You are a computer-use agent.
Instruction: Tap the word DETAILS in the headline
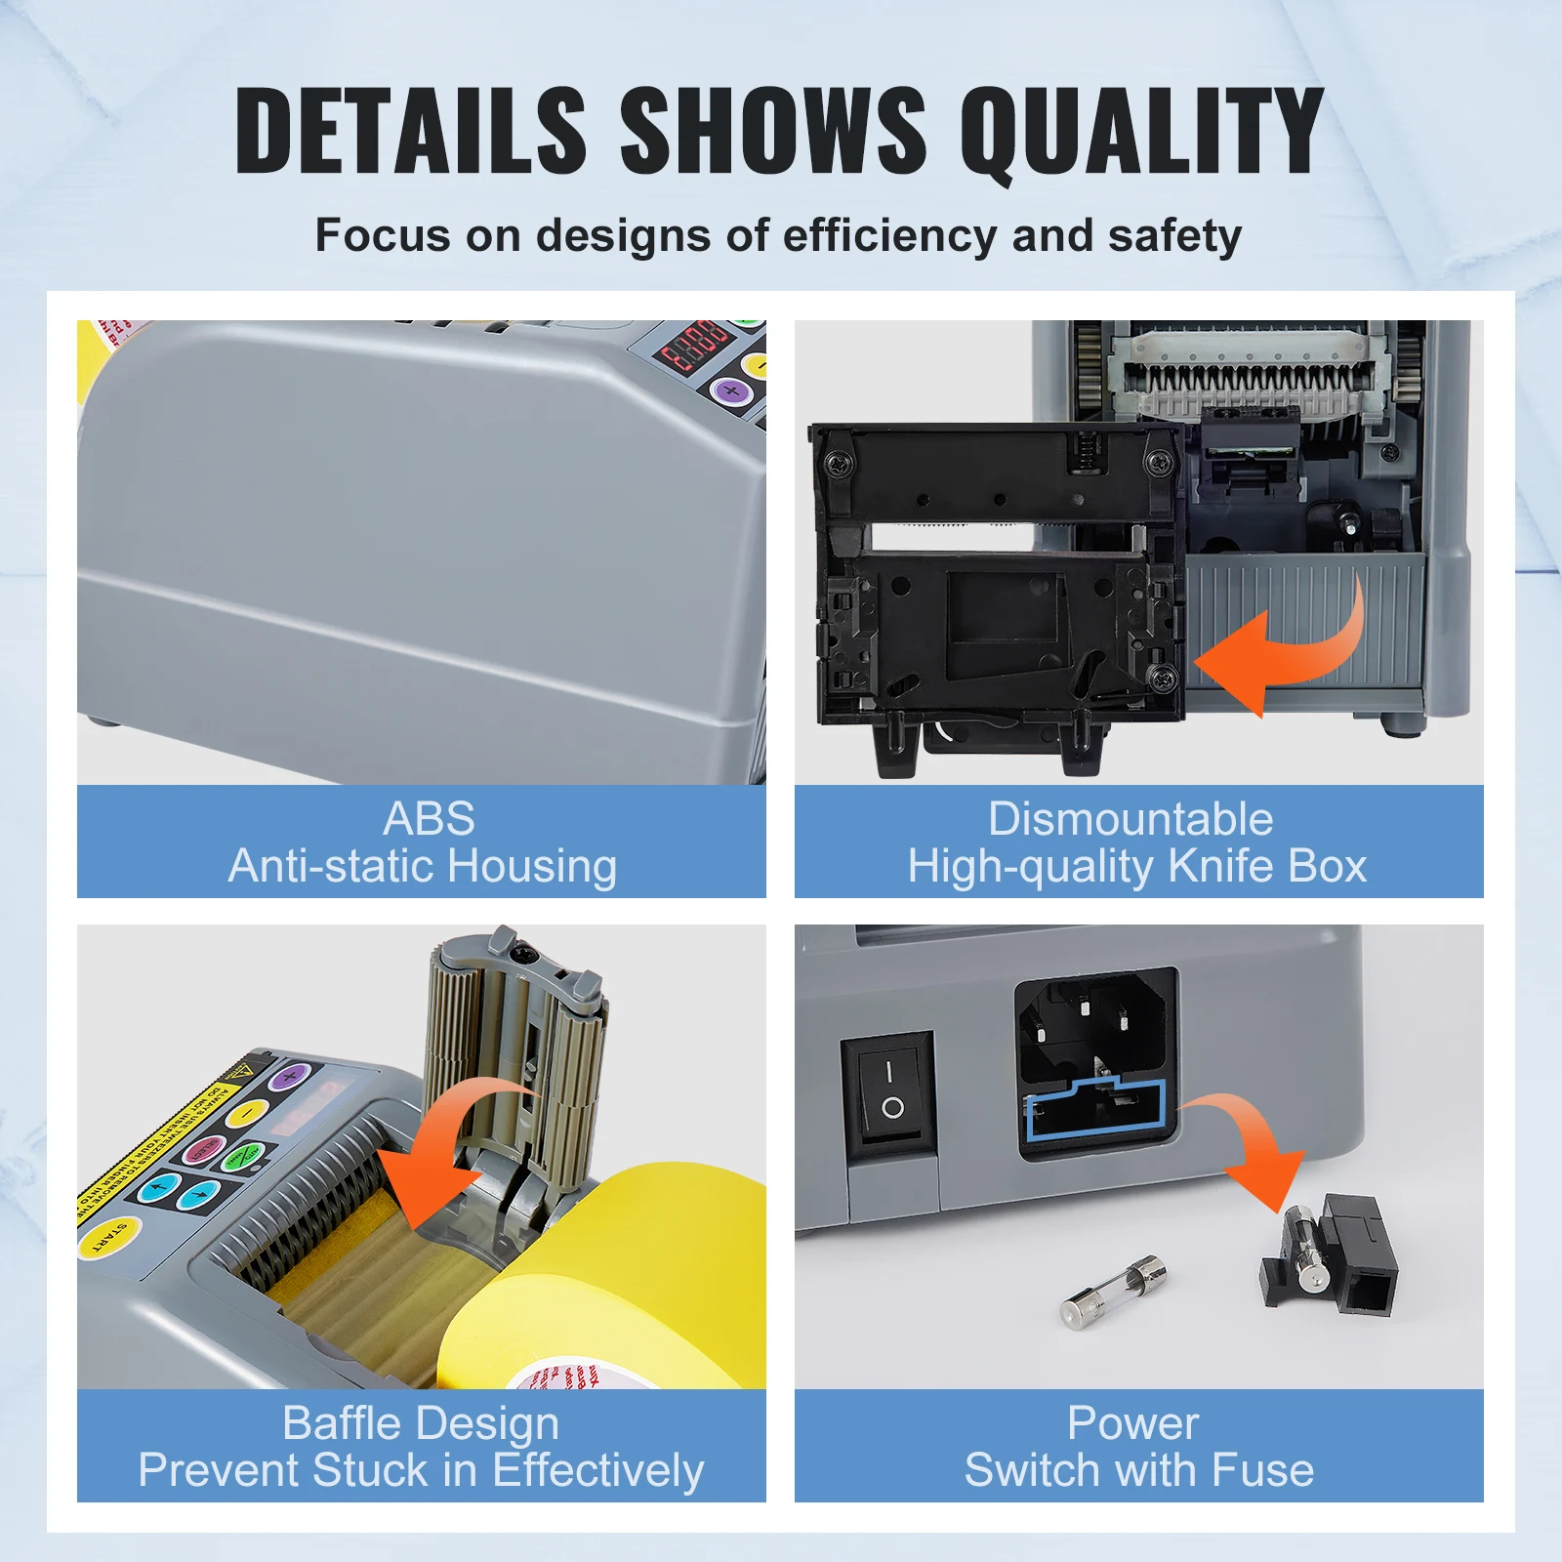coord(410,132)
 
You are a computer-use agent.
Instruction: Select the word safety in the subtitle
coord(1174,236)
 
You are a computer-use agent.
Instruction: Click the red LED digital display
coord(695,347)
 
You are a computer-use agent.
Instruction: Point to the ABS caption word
coord(429,818)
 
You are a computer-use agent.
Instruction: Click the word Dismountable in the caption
coord(1130,818)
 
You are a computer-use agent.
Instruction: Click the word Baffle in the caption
coord(339,1423)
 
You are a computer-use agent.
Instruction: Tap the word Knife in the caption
coord(1221,866)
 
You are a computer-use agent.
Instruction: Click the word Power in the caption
coord(1132,1423)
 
